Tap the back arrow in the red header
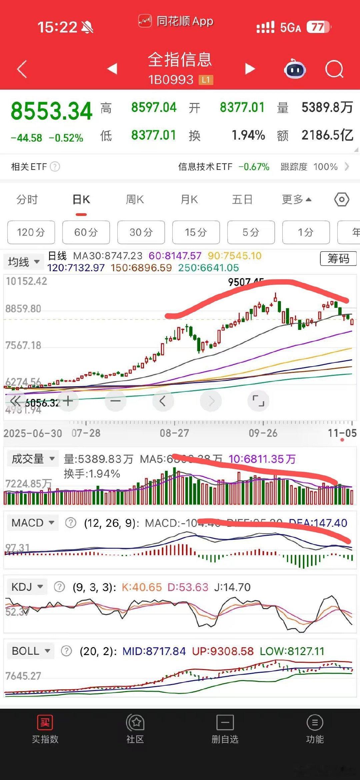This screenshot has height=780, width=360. pyautogui.click(x=22, y=69)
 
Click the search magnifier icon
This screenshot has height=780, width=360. pyautogui.click(x=334, y=69)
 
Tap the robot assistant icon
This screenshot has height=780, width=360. pyautogui.click(x=295, y=69)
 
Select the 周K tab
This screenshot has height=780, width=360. pyautogui.click(x=135, y=200)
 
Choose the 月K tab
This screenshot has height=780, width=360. pyautogui.click(x=189, y=200)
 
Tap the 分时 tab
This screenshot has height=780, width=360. pyautogui.click(x=27, y=200)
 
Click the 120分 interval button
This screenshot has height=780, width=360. pyautogui.click(x=31, y=232)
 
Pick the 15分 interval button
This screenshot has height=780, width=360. pyautogui.click(x=196, y=232)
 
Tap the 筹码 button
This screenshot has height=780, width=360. pyautogui.click(x=338, y=258)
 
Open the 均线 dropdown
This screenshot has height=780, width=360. pyautogui.click(x=23, y=262)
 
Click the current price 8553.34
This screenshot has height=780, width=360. pyautogui.click(x=52, y=111)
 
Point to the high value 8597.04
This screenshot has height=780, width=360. pyautogui.click(x=154, y=108)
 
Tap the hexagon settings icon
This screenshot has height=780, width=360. pyautogui.click(x=342, y=200)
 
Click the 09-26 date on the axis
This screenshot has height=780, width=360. pyautogui.click(x=263, y=433)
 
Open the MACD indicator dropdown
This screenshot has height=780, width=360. pyautogui.click(x=32, y=522)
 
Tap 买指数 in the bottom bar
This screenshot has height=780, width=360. pyautogui.click(x=45, y=730)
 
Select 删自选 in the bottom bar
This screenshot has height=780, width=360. pyautogui.click(x=225, y=730)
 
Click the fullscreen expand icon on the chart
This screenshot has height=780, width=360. pyautogui.click(x=258, y=400)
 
